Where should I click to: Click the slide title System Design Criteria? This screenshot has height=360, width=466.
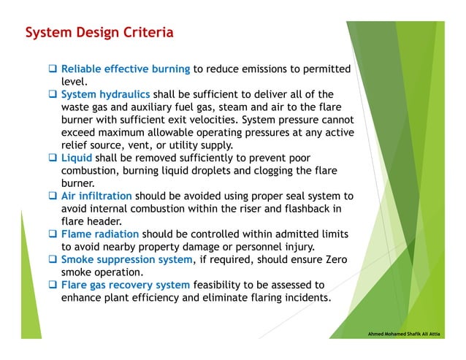coord(99,34)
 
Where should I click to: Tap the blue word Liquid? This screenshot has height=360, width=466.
coord(77,158)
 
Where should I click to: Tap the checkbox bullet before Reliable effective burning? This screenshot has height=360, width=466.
coord(53,69)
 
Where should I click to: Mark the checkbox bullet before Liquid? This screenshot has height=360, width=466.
coord(53,158)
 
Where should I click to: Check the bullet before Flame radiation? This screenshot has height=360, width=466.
coord(53,234)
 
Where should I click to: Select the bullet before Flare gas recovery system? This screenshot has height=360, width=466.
coord(53,285)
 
